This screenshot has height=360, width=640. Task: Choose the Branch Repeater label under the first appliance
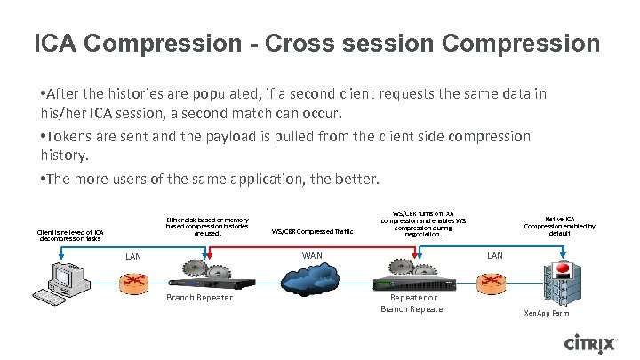pos(199,298)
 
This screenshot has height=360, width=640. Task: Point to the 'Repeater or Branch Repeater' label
pos(413,303)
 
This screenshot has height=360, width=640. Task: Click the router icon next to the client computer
pos(136,284)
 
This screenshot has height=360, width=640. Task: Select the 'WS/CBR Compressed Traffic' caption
pos(312,231)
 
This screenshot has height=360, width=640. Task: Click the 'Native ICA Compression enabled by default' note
pos(559,226)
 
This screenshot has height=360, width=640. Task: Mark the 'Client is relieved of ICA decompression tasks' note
pos(70,235)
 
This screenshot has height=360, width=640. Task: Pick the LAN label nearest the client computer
pos(133,256)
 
